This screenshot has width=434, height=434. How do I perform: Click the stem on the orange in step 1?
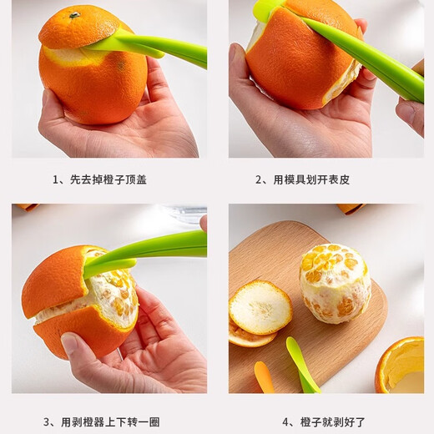click(74, 15)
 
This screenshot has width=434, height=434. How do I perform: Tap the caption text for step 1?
click(99, 179)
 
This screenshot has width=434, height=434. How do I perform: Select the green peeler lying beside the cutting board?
click(300, 363)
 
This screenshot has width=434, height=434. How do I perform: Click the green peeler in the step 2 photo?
click(367, 58)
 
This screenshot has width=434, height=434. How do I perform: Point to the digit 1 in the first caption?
click(56, 179)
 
